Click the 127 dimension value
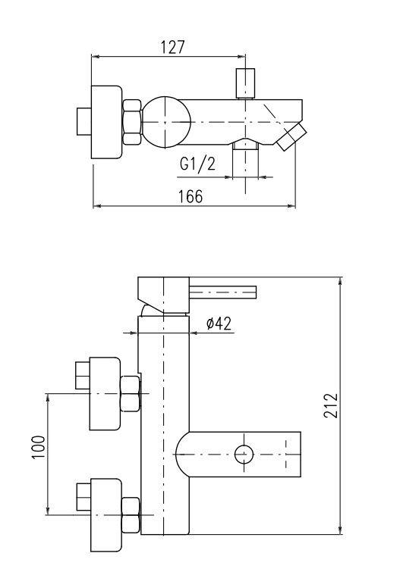point(173,47)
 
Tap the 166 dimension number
point(190,197)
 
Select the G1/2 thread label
point(197,164)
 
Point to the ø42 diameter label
point(219,324)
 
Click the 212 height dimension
point(331,405)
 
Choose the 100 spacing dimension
point(39,447)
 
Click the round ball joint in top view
point(166,122)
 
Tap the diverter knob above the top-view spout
point(245,83)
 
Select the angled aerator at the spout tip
point(291,137)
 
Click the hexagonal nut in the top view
point(132,122)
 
